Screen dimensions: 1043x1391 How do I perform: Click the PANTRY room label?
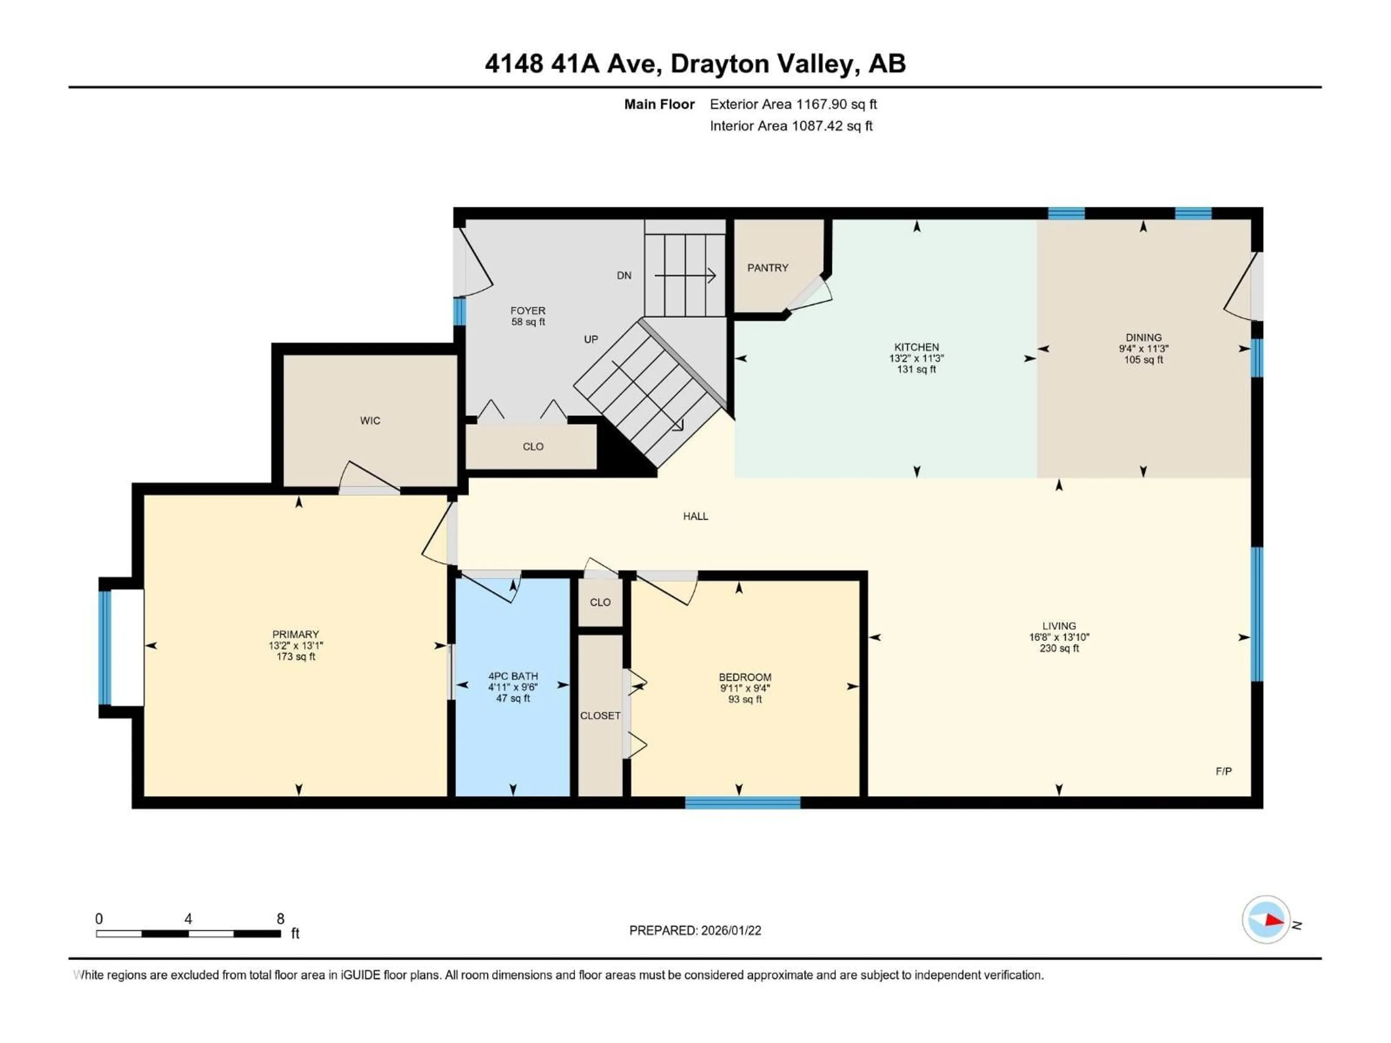click(767, 268)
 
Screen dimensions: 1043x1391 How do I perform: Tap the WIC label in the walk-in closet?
click(370, 420)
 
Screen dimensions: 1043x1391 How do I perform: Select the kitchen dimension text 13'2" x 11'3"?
click(916, 359)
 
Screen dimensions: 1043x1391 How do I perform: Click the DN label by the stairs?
click(624, 275)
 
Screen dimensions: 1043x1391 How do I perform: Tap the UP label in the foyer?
click(590, 339)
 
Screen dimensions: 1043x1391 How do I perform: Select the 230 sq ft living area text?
click(1059, 648)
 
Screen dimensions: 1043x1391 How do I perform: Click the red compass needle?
click(1273, 920)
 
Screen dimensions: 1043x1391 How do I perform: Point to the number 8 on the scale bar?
click(280, 918)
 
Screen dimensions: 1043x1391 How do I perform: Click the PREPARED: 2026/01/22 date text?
click(695, 930)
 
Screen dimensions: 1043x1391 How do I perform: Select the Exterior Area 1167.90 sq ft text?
click(793, 104)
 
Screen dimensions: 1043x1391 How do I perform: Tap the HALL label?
click(695, 516)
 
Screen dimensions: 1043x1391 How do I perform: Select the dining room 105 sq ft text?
click(1143, 360)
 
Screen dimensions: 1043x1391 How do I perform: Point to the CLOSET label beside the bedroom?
click(600, 716)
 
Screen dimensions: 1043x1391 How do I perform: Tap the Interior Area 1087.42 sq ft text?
click(791, 126)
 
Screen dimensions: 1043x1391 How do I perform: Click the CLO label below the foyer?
click(532, 447)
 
